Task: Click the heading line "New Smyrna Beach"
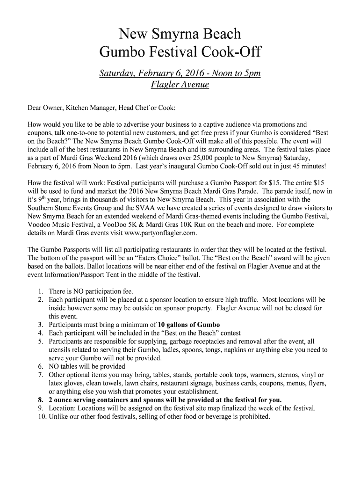coord(180,34)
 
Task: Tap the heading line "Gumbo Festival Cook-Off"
coord(180,53)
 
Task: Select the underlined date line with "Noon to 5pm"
coord(180,73)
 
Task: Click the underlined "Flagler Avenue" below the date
coord(180,85)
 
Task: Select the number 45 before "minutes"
coord(285,167)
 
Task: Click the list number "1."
coord(41,291)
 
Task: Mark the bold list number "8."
coord(40,400)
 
